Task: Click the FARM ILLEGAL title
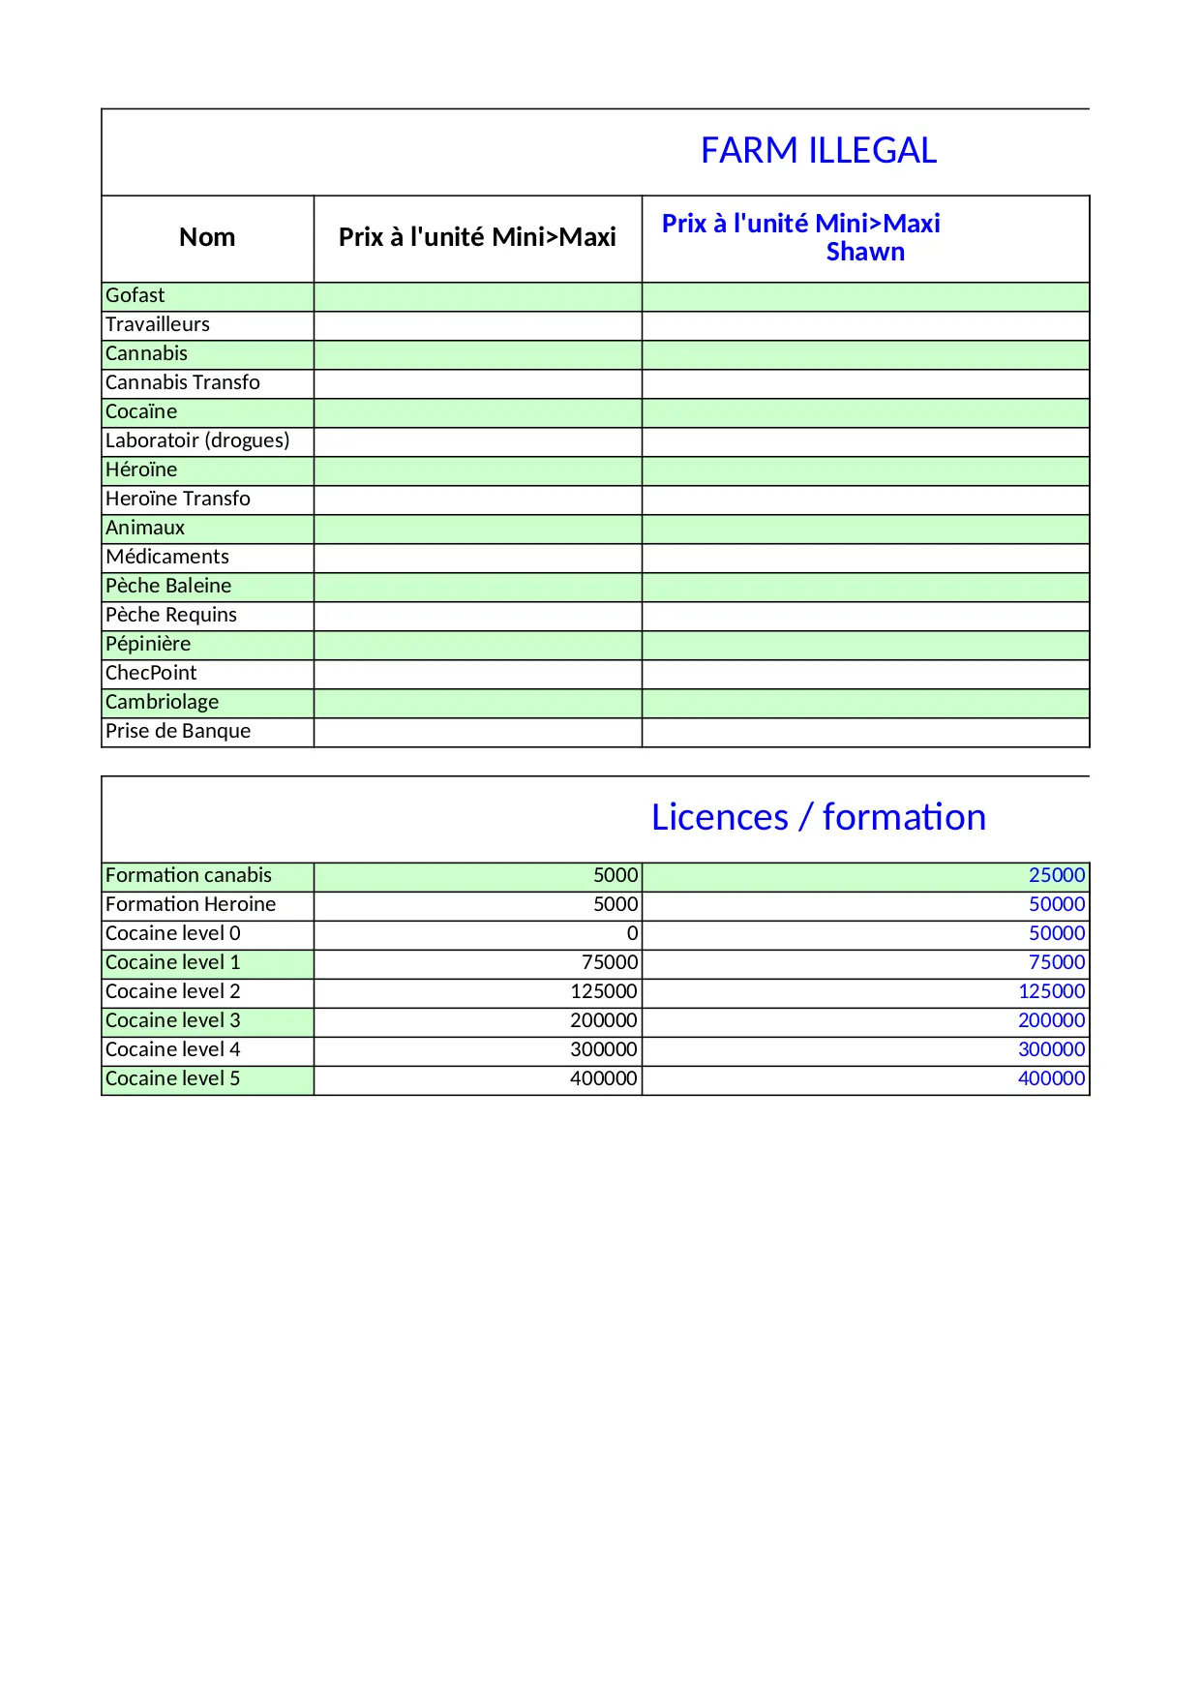point(818,151)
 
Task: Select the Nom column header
point(207,237)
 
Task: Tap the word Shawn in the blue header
point(865,253)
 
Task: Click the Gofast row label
point(135,296)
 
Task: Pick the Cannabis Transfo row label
point(183,383)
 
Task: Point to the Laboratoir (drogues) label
point(197,441)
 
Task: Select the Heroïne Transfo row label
point(178,500)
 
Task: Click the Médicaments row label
point(167,558)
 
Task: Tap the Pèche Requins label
point(171,616)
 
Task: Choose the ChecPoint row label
point(151,674)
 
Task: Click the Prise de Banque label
point(178,732)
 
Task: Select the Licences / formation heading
point(818,818)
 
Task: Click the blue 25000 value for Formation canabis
point(1057,876)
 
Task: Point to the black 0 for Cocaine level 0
point(632,934)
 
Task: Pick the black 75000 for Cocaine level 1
point(610,963)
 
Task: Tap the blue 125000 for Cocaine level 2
point(1051,992)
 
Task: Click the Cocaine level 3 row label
point(172,1021)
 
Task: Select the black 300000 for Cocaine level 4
point(604,1050)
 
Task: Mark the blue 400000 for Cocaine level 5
point(1051,1079)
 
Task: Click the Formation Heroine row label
point(191,905)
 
